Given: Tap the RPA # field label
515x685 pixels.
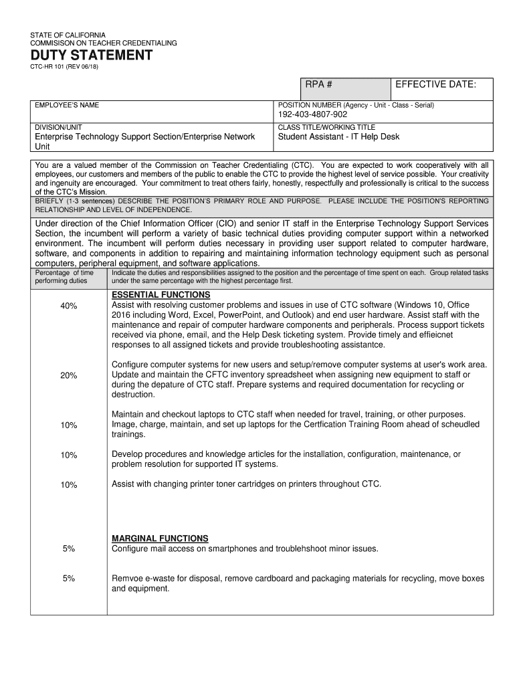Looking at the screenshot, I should (x=319, y=84).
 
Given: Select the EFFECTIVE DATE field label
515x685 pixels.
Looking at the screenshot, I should (x=435, y=84).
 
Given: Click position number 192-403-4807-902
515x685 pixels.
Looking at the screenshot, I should (x=312, y=115).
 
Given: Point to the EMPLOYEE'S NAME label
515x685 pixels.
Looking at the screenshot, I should (x=67, y=105).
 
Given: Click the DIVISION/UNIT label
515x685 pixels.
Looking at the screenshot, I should (x=59, y=126).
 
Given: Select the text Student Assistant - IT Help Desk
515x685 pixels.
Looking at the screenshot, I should (x=338, y=137).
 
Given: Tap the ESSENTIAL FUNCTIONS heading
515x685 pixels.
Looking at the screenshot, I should (x=161, y=295).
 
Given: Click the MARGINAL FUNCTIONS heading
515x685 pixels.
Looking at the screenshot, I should (x=160, y=539).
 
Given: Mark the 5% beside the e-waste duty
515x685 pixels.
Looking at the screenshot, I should (x=69, y=579).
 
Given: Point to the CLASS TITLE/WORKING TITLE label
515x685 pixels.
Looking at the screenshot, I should (x=326, y=126).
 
